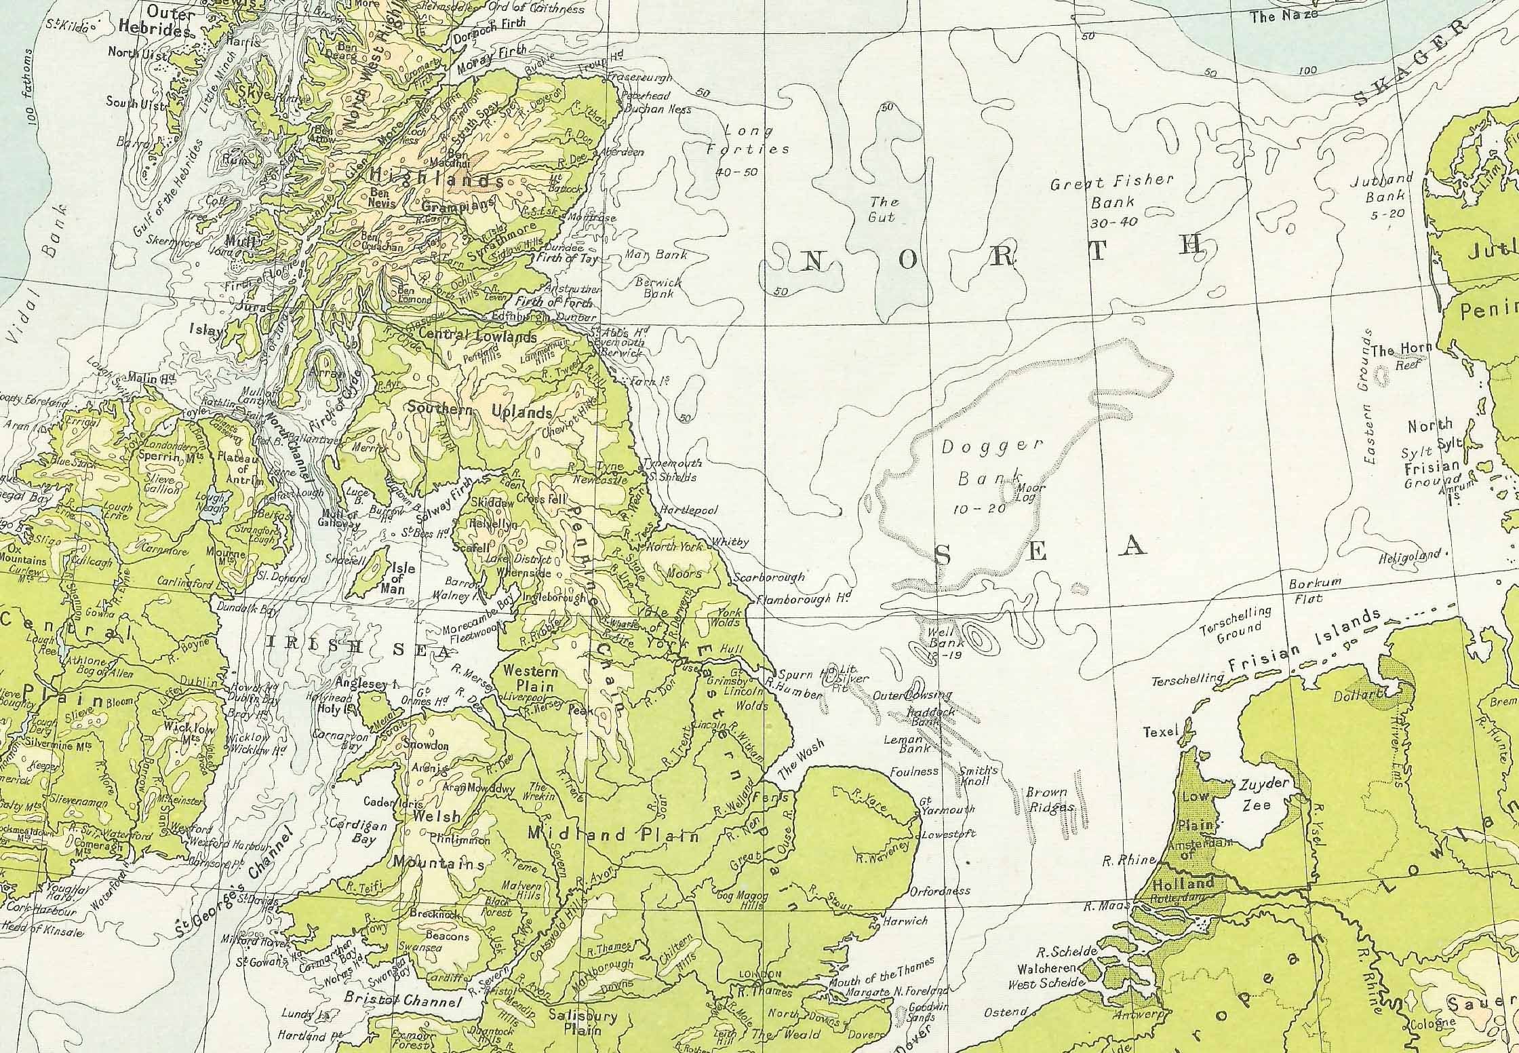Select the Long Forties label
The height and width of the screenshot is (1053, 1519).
point(749,139)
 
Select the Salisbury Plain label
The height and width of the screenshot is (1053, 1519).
point(583,1022)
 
